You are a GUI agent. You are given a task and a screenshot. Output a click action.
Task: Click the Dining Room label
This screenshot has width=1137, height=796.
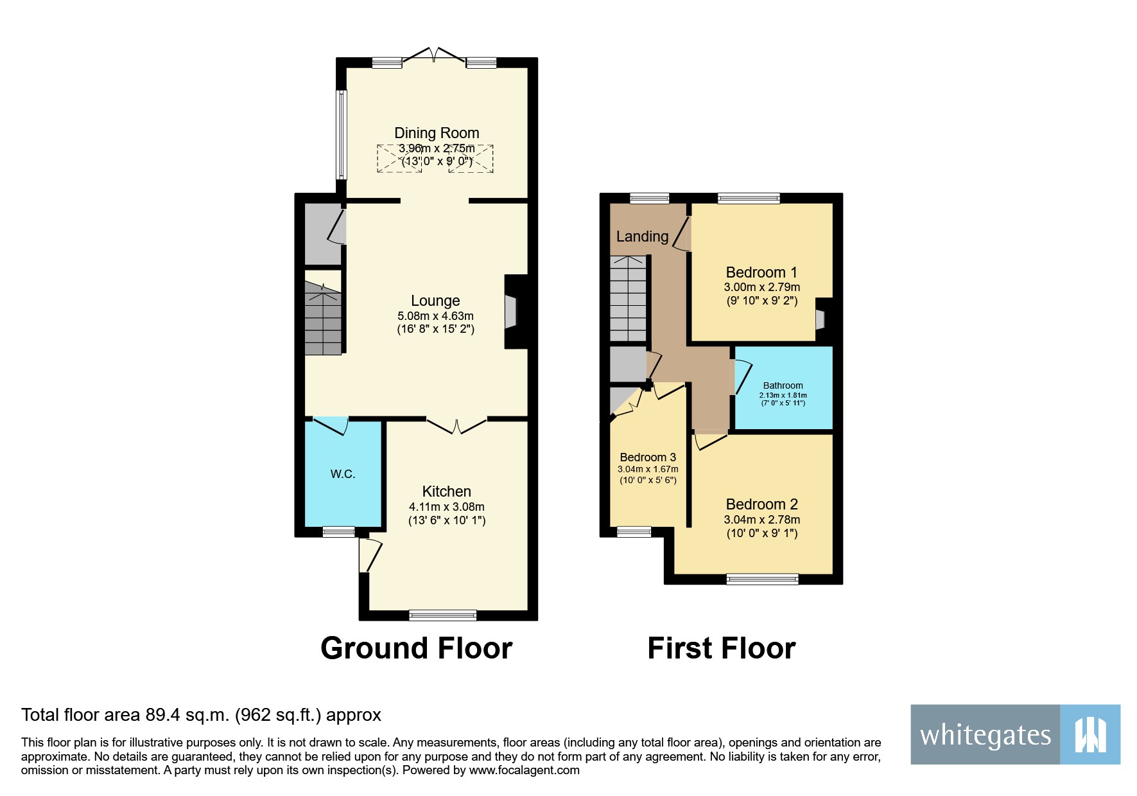coord(437,133)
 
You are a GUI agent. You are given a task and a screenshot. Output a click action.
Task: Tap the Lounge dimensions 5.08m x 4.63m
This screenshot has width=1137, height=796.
coord(435,316)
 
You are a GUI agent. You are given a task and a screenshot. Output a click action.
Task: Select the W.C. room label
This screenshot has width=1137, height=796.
coord(343,474)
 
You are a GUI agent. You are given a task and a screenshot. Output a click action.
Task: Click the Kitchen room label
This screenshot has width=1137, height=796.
coord(447,491)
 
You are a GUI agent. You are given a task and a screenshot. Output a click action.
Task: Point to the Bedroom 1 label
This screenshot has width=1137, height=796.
coord(761,272)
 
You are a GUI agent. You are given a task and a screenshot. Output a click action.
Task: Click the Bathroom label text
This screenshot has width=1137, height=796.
coord(783,385)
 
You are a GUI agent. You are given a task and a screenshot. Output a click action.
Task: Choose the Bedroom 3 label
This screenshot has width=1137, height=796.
coord(648,457)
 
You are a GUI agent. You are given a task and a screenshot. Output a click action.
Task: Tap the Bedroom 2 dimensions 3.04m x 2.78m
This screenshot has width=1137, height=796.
coord(762,520)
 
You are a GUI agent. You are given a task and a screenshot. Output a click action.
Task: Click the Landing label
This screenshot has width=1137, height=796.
coord(642,236)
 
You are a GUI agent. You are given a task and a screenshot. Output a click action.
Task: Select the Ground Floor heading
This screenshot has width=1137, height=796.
coord(416,648)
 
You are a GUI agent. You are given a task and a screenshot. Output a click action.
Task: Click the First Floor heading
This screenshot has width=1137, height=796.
coord(721,648)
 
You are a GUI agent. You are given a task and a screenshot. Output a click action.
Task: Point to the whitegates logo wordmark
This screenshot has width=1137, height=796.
coord(985,735)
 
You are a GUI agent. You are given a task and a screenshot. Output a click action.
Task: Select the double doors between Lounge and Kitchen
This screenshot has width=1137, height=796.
coord(456,426)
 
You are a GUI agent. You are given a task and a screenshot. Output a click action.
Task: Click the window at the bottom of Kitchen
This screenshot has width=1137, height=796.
coord(443,615)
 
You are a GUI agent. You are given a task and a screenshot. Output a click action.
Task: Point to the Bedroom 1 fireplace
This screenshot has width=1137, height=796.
coord(820,319)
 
